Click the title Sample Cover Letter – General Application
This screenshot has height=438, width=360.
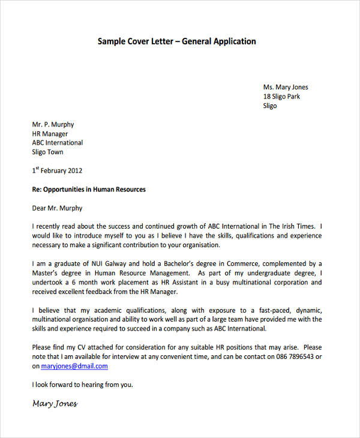176,41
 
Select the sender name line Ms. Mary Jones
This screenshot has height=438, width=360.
285,87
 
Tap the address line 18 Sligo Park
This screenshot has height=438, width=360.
281,97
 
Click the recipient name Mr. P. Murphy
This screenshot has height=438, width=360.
53,125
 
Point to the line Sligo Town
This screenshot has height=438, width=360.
47,152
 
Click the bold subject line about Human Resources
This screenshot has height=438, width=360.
89,190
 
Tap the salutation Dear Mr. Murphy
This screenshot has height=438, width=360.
57,209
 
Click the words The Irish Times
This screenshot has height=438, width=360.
291,227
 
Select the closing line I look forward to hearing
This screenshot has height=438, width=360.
82,385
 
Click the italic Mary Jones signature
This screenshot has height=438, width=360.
55,404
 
